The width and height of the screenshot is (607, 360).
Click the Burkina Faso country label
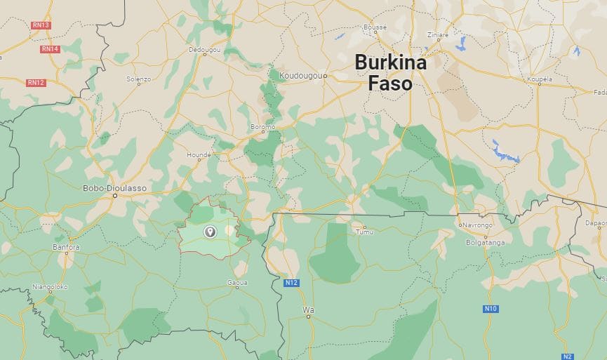(x=390, y=73)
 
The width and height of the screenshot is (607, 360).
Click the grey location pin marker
(x=209, y=232)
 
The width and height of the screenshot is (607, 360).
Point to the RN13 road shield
(x=41, y=25)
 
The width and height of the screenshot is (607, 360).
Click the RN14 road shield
(x=50, y=49)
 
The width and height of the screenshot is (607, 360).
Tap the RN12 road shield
(x=36, y=83)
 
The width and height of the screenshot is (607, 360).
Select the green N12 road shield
(x=292, y=283)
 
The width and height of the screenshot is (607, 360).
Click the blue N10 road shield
(x=491, y=309)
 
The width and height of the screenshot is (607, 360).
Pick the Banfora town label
(x=67, y=247)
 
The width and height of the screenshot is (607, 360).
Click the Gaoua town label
(x=237, y=282)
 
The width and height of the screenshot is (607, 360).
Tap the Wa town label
(x=307, y=309)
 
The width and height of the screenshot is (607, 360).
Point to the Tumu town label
(x=364, y=232)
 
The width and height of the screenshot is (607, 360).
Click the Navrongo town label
(x=476, y=225)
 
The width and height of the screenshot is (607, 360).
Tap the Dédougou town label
(x=204, y=50)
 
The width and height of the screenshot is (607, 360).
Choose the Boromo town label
(x=262, y=127)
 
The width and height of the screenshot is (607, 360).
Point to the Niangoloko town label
(x=50, y=286)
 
